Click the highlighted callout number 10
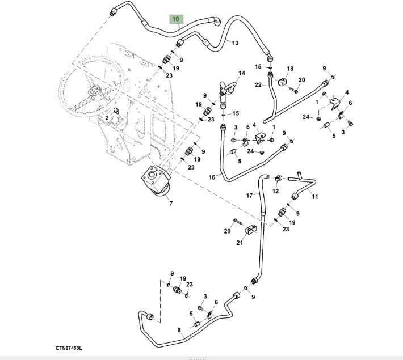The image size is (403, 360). click(x=176, y=19)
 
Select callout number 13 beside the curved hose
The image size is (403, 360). click(x=235, y=43)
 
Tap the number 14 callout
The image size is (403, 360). click(x=241, y=73)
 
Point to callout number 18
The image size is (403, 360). click(x=290, y=69)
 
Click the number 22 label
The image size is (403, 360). click(x=257, y=85)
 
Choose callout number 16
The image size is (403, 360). click(x=212, y=177)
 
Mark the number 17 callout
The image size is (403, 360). click(x=249, y=196)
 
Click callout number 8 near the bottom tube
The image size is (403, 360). click(x=179, y=329)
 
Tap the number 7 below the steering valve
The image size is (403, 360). click(x=170, y=202)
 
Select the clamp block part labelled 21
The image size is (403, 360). click(x=252, y=231)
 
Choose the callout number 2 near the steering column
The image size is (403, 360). click(x=106, y=118)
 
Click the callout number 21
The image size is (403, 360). click(x=240, y=243)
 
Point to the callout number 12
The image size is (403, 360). click(x=275, y=191)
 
